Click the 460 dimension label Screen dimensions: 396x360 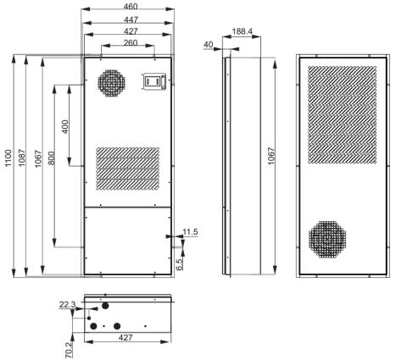pyautogui.click(x=131, y=6)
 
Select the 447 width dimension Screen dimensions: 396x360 pyautogui.click(x=131, y=19)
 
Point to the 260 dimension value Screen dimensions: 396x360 pyautogui.click(x=131, y=42)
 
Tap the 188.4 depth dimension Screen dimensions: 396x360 pyautogui.click(x=242, y=31)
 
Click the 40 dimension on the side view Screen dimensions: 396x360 pyautogui.click(x=208, y=44)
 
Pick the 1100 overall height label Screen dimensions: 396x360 pyautogui.click(x=8, y=158)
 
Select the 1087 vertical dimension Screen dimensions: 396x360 pyautogui.click(x=22, y=158)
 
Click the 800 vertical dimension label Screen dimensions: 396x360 pyautogui.click(x=51, y=158)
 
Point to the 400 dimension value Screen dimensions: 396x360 pyautogui.click(x=65, y=127)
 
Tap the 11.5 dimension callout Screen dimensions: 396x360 pyautogui.click(x=190, y=232)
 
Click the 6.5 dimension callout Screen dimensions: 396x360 pyautogui.click(x=180, y=264)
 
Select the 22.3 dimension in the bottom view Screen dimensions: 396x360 pyautogui.click(x=67, y=305)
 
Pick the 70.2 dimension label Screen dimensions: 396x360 pyautogui.click(x=69, y=351)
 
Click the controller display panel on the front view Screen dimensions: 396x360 pyautogui.click(x=153, y=81)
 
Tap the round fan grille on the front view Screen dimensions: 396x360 pyautogui.click(x=112, y=83)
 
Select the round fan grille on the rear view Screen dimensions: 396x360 pyautogui.click(x=327, y=239)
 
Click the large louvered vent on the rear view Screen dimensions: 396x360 pyautogui.click(x=342, y=114)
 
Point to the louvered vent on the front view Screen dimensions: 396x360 pyautogui.click(x=128, y=169)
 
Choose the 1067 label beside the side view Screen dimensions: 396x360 pyautogui.click(x=271, y=156)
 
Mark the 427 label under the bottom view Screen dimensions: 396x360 pyautogui.click(x=125, y=337)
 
